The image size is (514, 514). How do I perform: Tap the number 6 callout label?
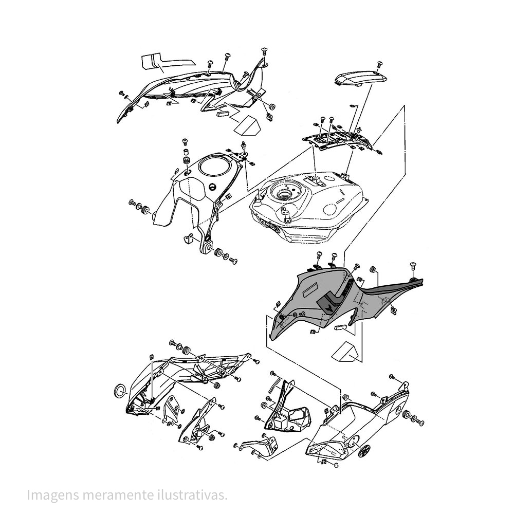click(x=336, y=466)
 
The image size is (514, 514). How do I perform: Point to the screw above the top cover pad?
click(x=379, y=64)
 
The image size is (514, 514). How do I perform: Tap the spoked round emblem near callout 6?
click(x=364, y=452)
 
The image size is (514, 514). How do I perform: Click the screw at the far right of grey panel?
click(x=412, y=266)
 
